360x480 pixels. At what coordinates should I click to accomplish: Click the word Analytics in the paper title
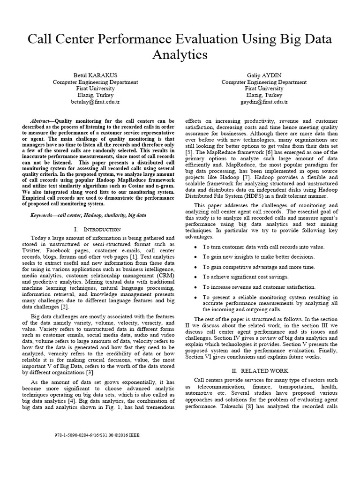coord(180,54)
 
